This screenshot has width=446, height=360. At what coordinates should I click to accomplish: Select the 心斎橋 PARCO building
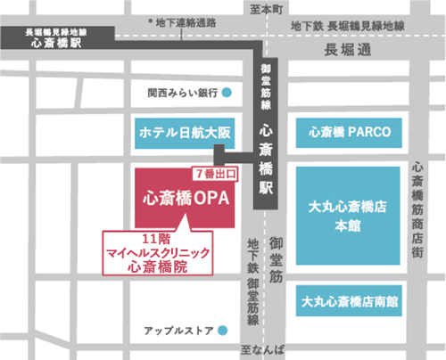[x=350, y=133]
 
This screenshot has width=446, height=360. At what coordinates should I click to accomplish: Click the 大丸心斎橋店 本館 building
[x=350, y=211]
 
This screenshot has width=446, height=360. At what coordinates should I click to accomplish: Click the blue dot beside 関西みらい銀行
[x=227, y=92]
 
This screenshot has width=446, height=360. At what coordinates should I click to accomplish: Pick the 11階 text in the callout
[x=158, y=239]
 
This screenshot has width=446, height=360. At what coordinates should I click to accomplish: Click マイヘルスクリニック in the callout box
[x=158, y=252]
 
